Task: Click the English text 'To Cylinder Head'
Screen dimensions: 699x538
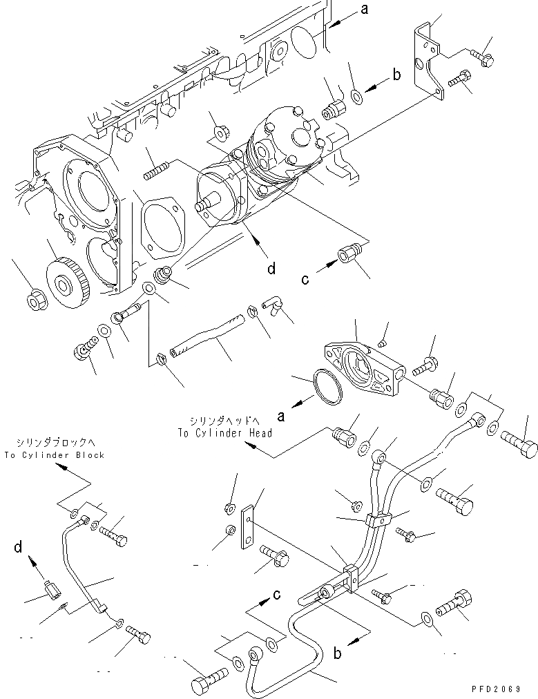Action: (x=224, y=433)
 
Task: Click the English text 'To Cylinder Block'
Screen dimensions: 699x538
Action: (x=53, y=455)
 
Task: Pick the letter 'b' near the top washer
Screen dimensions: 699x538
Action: (x=396, y=75)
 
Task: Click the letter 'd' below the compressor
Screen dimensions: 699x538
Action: (x=271, y=267)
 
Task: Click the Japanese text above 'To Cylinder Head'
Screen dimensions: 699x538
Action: (x=224, y=420)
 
